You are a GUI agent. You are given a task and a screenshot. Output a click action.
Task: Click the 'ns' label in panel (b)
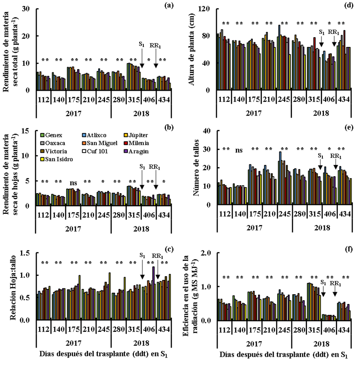pos(74,183)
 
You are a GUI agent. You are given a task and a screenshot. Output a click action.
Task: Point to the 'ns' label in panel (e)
pos(239,150)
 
